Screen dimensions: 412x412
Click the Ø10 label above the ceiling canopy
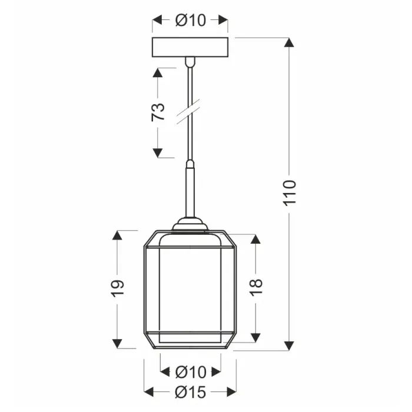[190, 20]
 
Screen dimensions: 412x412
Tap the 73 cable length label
[158, 112]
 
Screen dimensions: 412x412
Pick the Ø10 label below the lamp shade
[190, 372]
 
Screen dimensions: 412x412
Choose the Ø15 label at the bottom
[190, 391]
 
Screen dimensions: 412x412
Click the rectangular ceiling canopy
[190, 46]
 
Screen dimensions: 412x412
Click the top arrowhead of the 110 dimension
[289, 43]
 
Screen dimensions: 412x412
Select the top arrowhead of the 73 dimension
[158, 73]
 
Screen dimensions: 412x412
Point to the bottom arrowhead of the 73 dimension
[158, 153]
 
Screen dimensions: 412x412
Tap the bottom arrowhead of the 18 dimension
[255, 337]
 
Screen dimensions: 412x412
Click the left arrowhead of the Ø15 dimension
[149, 391]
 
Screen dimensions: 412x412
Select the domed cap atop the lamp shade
[190, 224]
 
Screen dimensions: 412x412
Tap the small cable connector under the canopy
[190, 60]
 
